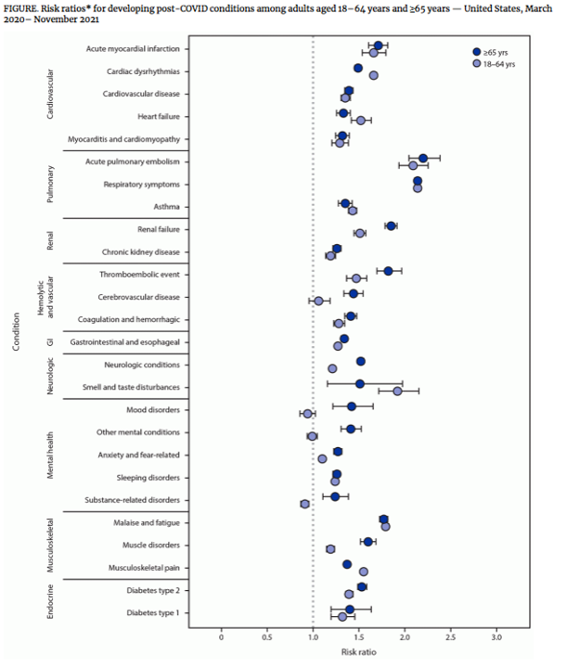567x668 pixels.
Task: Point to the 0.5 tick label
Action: [x=267, y=636]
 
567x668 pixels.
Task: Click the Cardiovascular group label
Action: [x=50, y=94]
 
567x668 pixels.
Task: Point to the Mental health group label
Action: [x=50, y=455]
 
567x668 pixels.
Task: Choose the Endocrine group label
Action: [x=50, y=600]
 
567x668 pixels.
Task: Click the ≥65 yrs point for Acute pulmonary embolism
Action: [x=423, y=159]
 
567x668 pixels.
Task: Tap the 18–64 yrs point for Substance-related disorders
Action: [x=304, y=504]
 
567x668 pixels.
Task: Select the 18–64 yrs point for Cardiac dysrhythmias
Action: [x=373, y=75]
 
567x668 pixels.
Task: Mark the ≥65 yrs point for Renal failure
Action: [x=391, y=226]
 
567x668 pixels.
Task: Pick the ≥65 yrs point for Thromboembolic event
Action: [x=388, y=271]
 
